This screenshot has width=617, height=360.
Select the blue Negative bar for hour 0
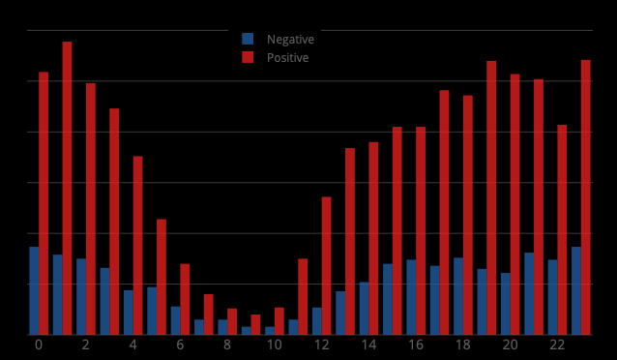coord(34,290)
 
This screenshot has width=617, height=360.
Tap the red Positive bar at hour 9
coord(255,324)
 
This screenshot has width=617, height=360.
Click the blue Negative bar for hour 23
coord(576,290)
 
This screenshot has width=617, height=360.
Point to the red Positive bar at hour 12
coord(327,266)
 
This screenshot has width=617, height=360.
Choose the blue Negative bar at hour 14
coord(365,308)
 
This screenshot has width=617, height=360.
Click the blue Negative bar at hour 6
coord(176,320)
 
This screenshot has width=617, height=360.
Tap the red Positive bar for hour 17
coord(445,212)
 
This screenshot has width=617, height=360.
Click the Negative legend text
coord(290,40)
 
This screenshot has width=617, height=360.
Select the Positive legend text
coord(288,58)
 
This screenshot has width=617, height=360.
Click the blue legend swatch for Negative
coord(248,40)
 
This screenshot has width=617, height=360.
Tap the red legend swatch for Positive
coord(248,58)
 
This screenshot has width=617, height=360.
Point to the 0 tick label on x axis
coord(39,345)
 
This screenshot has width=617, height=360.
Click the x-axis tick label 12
coord(322,345)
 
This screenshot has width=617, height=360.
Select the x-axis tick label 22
coord(557,345)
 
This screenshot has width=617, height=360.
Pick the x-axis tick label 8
coord(227,345)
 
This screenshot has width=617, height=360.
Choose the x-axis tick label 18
coord(463,345)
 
